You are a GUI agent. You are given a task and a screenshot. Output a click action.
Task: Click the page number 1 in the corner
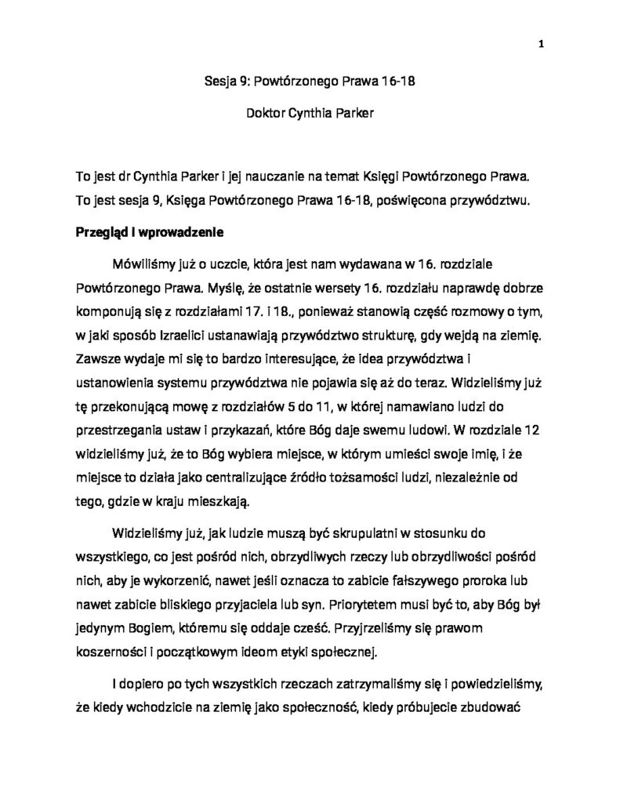[x=541, y=45]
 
